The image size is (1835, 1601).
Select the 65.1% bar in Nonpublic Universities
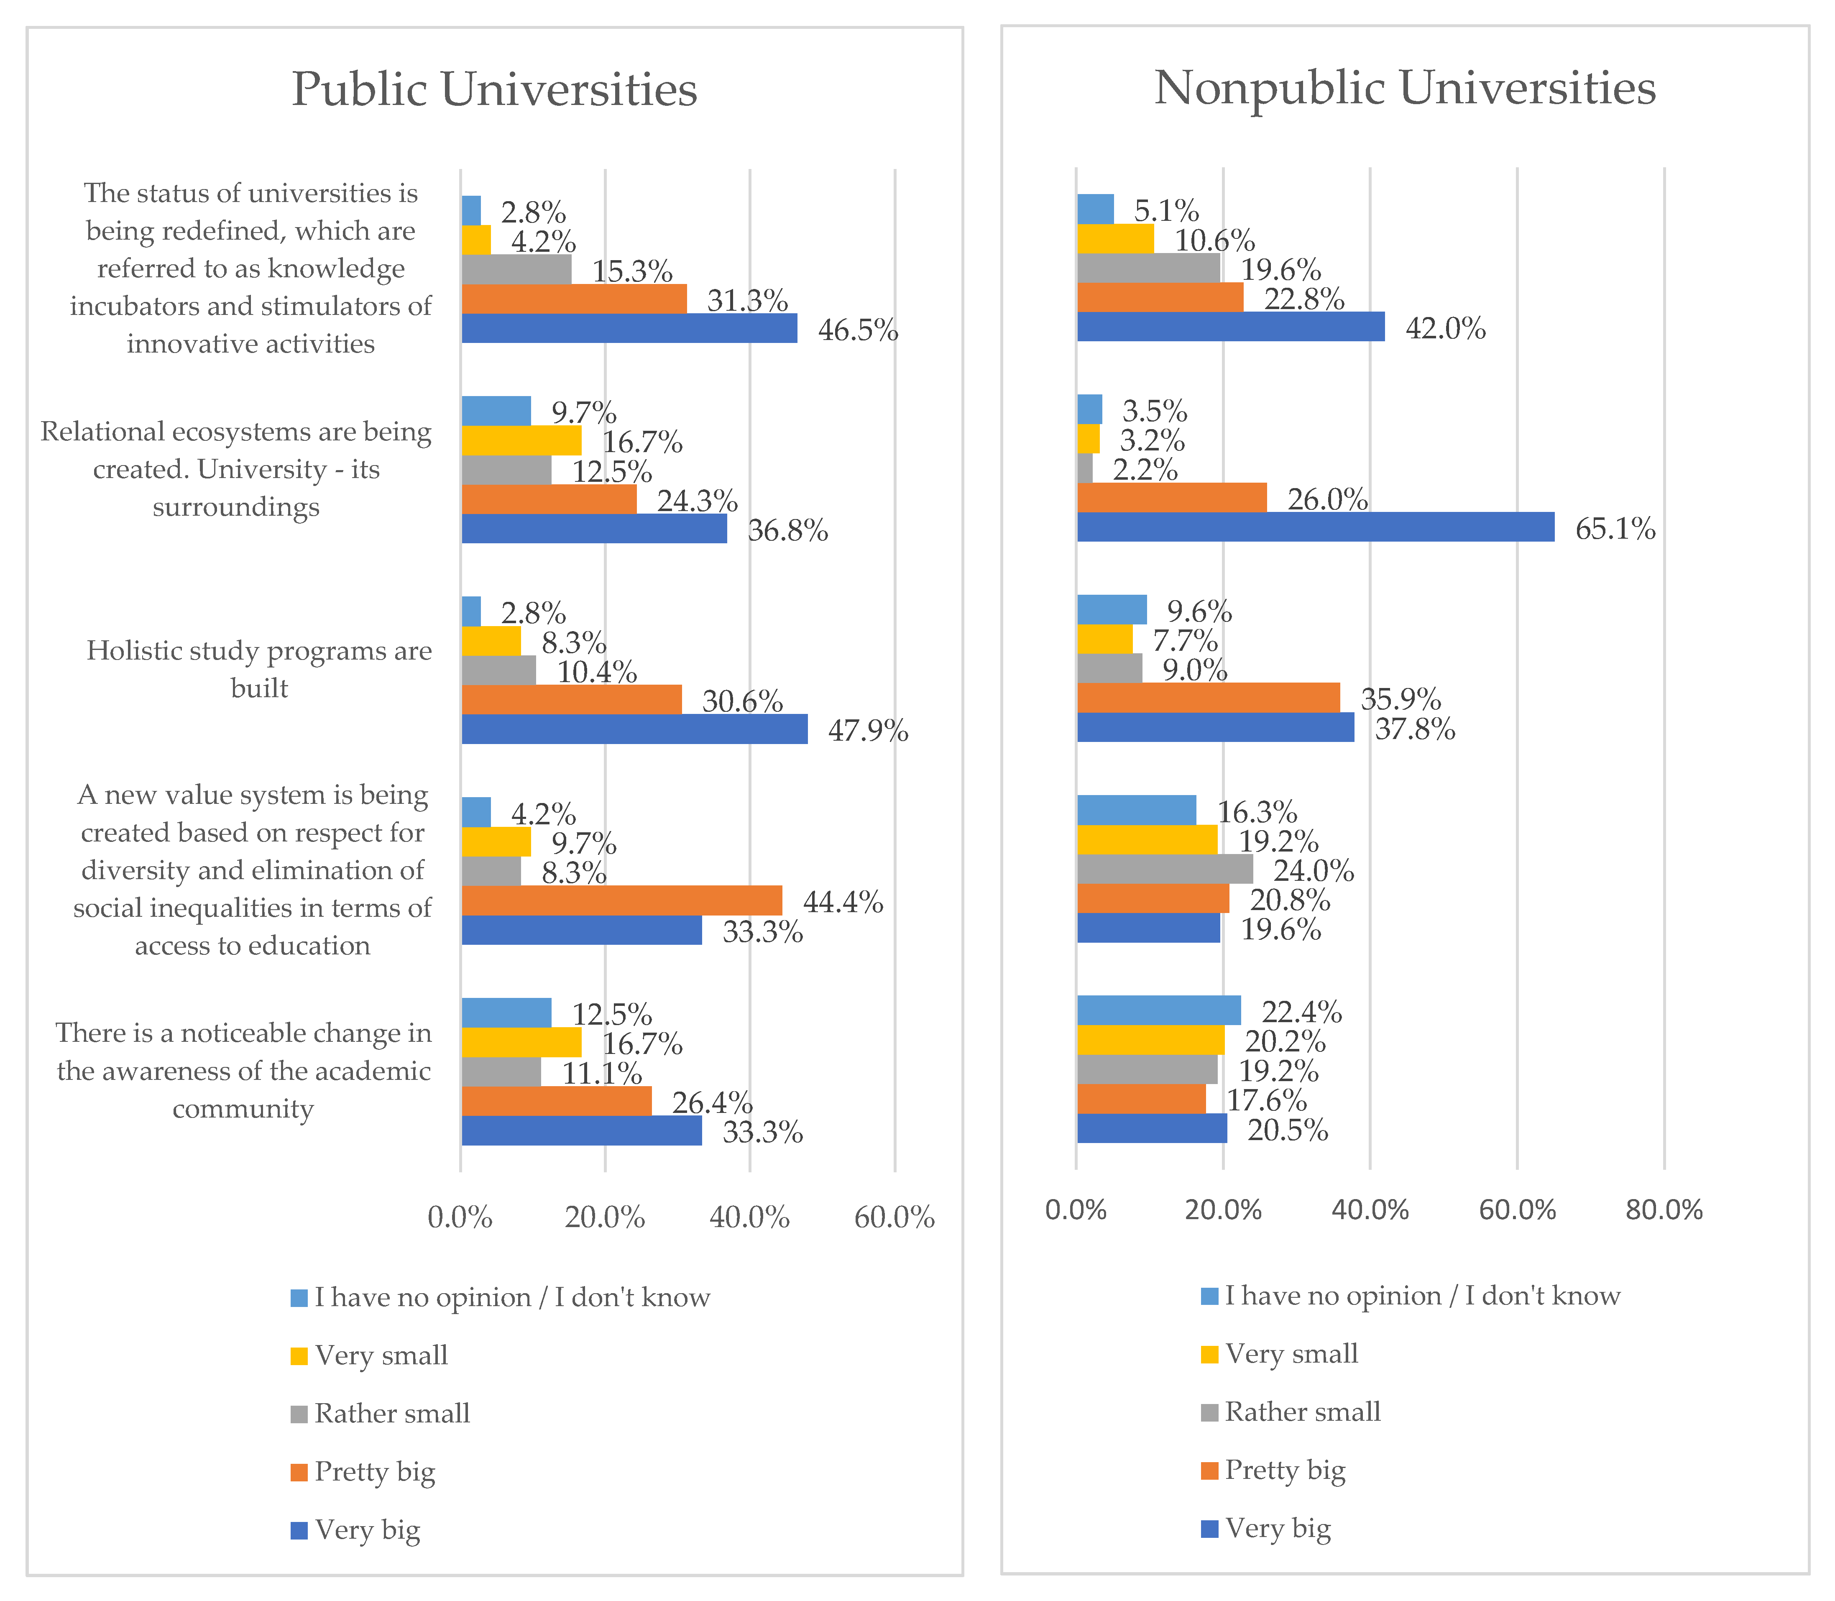1315,527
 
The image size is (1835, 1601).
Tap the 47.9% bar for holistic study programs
634,729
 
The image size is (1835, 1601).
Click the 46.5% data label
858,330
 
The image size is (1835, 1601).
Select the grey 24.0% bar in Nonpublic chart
1165,869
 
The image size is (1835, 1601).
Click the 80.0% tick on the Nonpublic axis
1664,1210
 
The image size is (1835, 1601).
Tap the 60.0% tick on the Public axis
894,1217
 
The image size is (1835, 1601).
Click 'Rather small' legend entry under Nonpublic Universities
1302,1412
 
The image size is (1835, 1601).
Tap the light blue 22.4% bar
1159,1010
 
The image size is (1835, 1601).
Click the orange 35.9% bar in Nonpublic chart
1208,698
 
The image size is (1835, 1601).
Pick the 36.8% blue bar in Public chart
594,529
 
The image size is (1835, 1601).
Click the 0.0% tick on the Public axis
460,1217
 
